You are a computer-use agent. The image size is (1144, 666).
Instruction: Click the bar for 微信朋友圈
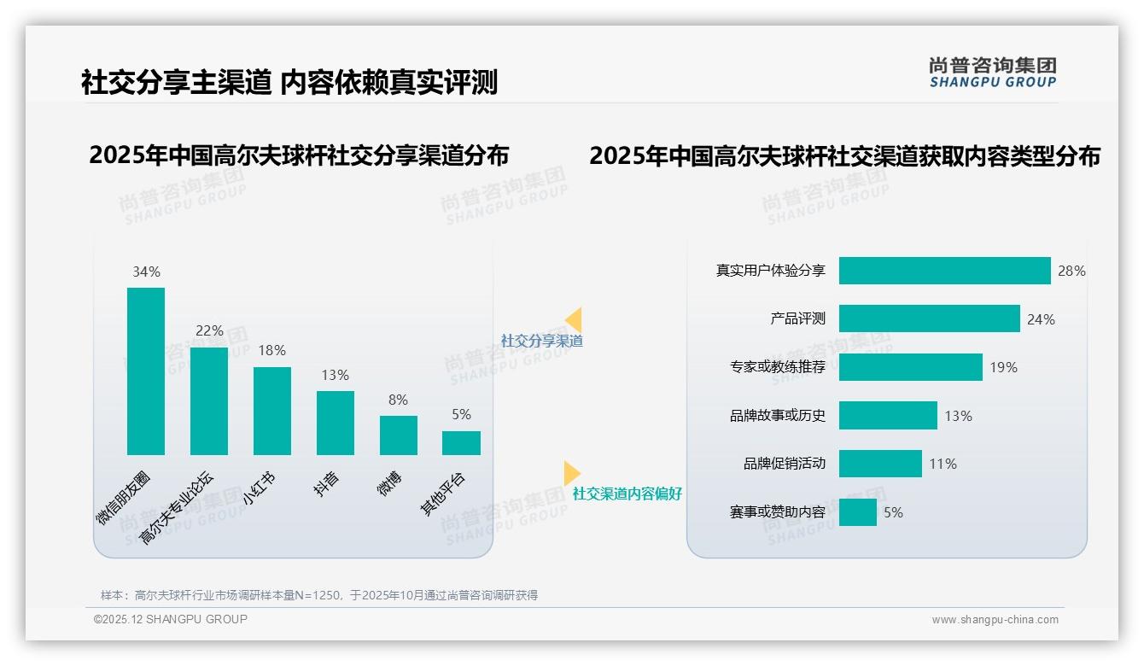click(x=146, y=371)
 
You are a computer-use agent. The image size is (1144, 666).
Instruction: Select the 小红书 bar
click(x=272, y=411)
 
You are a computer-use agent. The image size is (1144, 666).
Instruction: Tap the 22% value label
click(x=209, y=330)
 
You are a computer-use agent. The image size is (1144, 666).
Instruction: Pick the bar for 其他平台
click(x=461, y=442)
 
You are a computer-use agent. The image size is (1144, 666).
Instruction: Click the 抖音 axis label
click(x=326, y=484)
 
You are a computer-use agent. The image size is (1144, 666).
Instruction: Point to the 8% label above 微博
click(x=397, y=400)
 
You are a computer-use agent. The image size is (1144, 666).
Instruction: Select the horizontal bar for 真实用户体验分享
click(x=944, y=271)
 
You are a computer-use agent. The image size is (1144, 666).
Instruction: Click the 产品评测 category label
click(x=797, y=318)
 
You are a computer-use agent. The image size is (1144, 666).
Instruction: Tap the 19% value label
click(x=1003, y=367)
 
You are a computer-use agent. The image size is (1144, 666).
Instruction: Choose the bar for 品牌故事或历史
click(x=888, y=416)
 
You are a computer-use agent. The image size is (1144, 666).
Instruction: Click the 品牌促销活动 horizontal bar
click(x=880, y=464)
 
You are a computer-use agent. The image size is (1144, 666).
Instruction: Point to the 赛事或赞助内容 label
click(x=777, y=512)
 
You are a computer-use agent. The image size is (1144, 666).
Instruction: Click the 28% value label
click(x=1071, y=271)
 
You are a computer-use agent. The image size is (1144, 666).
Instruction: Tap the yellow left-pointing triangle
click(x=574, y=320)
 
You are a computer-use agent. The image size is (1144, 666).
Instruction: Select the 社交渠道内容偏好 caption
click(x=627, y=494)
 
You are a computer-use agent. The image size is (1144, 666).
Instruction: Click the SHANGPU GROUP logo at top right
click(x=992, y=73)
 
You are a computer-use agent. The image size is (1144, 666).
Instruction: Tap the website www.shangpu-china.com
click(x=995, y=620)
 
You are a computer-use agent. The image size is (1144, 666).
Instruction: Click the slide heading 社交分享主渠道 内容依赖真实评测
click(x=289, y=82)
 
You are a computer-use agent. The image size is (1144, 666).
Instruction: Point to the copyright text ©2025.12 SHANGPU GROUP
click(x=171, y=619)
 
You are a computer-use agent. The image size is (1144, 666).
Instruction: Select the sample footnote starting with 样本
click(x=319, y=595)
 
